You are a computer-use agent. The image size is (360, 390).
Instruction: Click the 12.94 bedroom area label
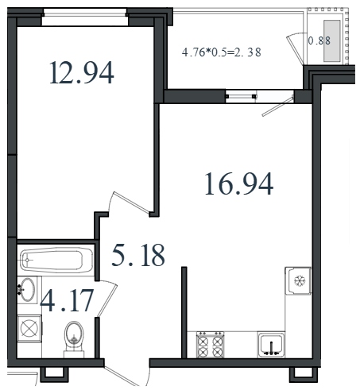point(82,72)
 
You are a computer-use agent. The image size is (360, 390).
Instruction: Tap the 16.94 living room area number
point(239,183)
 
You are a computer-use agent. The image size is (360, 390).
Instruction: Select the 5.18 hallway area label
point(138,255)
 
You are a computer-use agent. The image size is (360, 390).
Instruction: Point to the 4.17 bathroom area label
point(67,300)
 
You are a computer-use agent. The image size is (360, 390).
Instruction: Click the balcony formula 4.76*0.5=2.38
point(222,52)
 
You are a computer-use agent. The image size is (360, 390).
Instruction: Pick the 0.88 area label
point(319,41)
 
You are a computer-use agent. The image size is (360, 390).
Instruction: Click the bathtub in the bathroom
point(56,260)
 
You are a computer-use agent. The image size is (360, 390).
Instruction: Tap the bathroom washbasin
point(27,289)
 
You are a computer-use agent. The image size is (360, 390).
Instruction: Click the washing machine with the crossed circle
point(29,329)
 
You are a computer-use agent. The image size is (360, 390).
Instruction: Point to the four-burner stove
point(210,344)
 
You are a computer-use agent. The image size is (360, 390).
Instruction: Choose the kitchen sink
point(271,344)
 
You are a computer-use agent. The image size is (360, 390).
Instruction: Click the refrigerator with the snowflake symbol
point(298,280)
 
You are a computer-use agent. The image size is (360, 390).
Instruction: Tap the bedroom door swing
point(130,203)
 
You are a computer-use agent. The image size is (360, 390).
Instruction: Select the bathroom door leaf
point(107,300)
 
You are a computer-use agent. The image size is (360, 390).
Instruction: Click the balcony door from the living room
point(278,106)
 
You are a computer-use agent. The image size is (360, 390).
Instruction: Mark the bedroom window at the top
point(85,17)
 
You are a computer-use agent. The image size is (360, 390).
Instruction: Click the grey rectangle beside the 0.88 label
point(331,41)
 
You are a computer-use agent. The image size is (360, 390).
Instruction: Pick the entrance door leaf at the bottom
point(121,376)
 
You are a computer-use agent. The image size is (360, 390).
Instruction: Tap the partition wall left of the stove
point(184,312)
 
